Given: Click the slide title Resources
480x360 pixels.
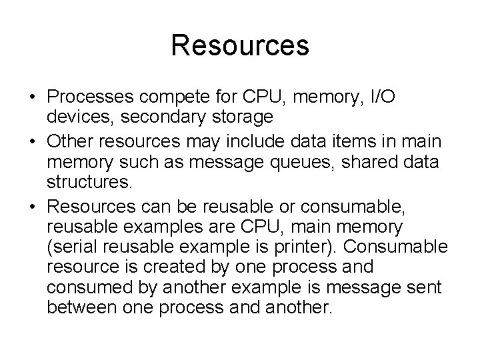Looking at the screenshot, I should (x=239, y=46).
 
